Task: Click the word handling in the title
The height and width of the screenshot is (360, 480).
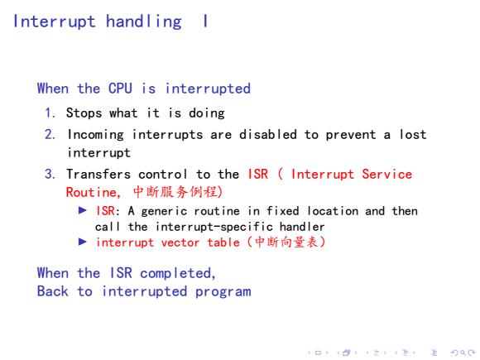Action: pyautogui.click(x=143, y=22)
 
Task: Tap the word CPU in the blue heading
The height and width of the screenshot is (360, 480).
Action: pyautogui.click(x=120, y=89)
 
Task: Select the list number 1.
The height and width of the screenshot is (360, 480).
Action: pyautogui.click(x=50, y=113)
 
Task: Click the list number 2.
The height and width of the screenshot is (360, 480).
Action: pyautogui.click(x=50, y=134)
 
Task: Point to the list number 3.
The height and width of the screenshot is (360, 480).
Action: pyautogui.click(x=50, y=174)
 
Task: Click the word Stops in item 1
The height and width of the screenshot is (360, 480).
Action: pyautogui.click(x=84, y=113)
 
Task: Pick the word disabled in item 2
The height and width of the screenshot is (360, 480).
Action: pyautogui.click(x=268, y=134)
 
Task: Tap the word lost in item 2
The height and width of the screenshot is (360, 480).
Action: pyautogui.click(x=413, y=134)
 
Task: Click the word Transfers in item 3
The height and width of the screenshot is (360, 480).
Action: pyautogui.click(x=98, y=174)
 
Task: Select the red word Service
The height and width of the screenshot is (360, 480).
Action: pyautogui.click(x=387, y=174)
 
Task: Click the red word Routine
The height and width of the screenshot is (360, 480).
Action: pyautogui.click(x=92, y=192)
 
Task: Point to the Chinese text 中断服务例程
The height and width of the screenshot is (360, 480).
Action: pyautogui.click(x=175, y=192)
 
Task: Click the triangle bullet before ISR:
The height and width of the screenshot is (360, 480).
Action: pyautogui.click(x=83, y=210)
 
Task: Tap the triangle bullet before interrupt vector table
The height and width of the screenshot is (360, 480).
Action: pyautogui.click(x=83, y=242)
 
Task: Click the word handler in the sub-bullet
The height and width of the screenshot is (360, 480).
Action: pyautogui.click(x=302, y=227)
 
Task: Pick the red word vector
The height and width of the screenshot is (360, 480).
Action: pyautogui.click(x=180, y=242)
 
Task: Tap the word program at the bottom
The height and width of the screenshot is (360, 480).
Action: pyautogui.click(x=223, y=292)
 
